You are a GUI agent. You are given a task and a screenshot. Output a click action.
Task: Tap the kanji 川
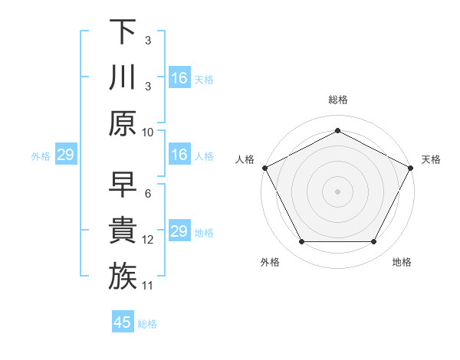[x=123, y=77]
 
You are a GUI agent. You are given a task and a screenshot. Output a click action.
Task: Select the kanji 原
[x=123, y=123]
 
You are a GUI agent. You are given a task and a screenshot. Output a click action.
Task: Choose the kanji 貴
[x=123, y=231]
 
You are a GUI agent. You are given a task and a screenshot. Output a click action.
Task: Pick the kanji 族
[x=123, y=277]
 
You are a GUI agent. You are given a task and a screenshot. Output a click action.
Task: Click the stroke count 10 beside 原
[x=148, y=132]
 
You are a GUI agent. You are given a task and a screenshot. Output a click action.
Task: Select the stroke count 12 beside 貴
[x=148, y=239]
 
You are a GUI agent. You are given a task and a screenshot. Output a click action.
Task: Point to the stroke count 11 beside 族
[x=148, y=285]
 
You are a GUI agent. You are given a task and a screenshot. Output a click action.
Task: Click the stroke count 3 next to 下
[x=147, y=40]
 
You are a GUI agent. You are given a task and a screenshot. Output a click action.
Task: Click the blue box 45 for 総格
[x=123, y=322]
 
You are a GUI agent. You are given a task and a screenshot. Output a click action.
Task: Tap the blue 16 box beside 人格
[x=179, y=155]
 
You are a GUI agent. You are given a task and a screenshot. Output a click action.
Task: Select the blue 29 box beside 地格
[x=179, y=231]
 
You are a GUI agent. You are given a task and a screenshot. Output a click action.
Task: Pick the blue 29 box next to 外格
[x=65, y=155]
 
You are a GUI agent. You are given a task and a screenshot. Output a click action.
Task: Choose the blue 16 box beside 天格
[x=179, y=78]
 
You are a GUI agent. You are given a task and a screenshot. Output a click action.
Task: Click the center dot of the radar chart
[x=337, y=191]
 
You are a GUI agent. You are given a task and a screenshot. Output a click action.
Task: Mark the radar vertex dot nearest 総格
[x=337, y=130]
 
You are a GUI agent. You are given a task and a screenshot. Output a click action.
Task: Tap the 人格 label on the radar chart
[x=245, y=159]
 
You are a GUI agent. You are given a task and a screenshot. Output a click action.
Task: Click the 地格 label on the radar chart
[x=402, y=262]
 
